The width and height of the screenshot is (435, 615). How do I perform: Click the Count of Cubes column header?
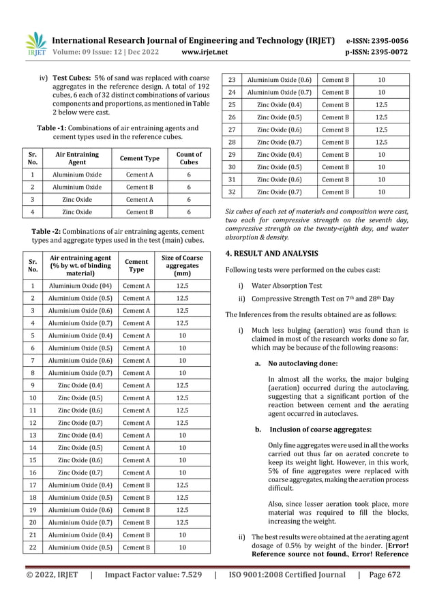click(x=189, y=159)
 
